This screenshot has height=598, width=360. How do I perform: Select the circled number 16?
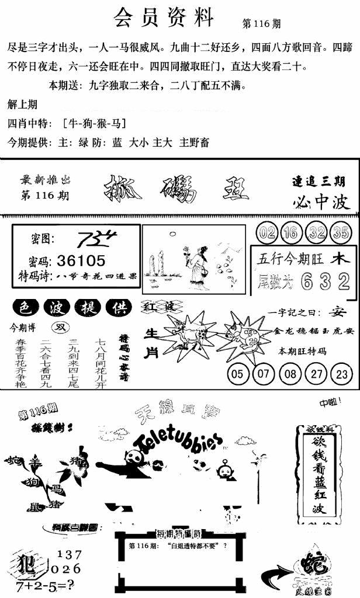point(290,232)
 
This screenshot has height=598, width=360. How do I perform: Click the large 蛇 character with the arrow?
point(309,564)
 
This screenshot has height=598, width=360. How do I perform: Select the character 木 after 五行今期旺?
point(337,258)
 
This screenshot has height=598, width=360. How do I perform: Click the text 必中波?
point(321,201)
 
